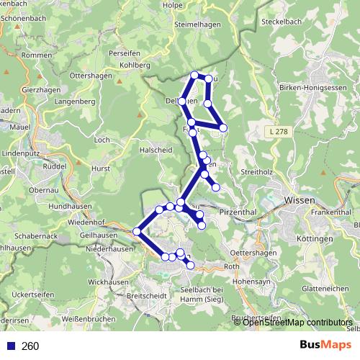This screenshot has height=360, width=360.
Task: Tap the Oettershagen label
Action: tap(253, 252)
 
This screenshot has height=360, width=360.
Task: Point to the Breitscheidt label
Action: tap(146, 296)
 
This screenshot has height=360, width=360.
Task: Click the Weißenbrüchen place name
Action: tap(89, 319)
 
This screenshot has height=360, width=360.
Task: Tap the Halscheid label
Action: tap(156, 150)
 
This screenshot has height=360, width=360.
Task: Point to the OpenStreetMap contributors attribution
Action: tap(297, 322)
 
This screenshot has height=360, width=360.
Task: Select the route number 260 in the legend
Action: tap(30, 346)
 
